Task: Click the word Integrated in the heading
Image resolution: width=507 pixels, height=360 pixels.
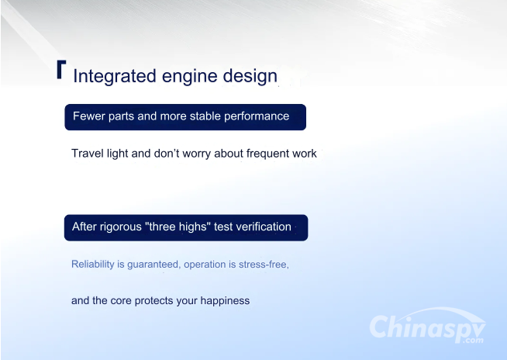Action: [x=115, y=76]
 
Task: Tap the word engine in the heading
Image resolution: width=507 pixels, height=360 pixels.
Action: [x=189, y=77]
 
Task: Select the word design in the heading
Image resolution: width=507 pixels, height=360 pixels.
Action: [x=250, y=76]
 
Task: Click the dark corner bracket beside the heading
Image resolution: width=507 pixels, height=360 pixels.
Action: [x=61, y=69]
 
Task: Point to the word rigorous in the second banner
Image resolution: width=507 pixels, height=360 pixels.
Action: [x=121, y=227]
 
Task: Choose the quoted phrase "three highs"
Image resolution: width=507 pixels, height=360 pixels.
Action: [x=178, y=227]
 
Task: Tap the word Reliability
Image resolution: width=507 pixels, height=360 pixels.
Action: [x=93, y=265]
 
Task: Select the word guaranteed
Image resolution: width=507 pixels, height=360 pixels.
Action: [x=154, y=265]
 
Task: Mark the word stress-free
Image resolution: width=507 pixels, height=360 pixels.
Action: [x=264, y=265]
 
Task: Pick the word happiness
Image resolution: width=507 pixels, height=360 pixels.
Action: [x=225, y=301]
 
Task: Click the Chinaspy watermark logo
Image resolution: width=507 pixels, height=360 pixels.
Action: [x=427, y=325]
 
